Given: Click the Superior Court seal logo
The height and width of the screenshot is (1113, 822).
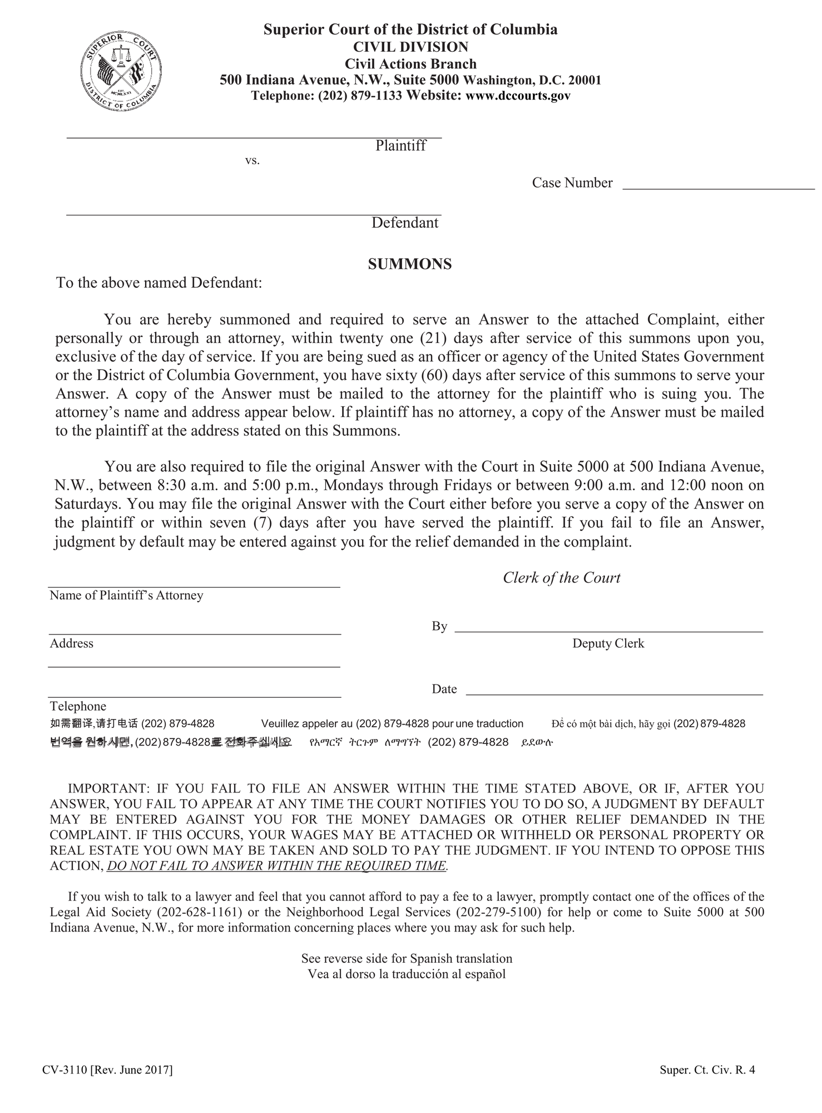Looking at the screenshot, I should (x=121, y=71).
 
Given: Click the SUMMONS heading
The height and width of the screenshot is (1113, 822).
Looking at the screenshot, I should (x=410, y=264).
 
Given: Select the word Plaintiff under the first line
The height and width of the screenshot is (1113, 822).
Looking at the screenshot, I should (x=400, y=146).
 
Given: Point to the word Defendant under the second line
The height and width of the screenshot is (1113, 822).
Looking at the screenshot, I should (x=405, y=223).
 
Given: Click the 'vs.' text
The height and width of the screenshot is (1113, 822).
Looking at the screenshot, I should (x=252, y=161).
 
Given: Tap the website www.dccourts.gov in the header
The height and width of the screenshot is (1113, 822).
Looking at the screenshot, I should (x=518, y=96).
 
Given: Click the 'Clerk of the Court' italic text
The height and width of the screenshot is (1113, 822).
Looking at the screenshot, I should (x=561, y=578).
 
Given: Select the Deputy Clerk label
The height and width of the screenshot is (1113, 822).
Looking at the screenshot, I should (x=608, y=643).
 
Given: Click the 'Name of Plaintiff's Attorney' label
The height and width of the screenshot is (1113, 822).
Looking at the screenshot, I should (x=126, y=595).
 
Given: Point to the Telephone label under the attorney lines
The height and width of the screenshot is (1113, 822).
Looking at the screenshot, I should (x=78, y=706).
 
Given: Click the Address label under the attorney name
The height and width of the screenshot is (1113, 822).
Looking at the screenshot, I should (x=72, y=643).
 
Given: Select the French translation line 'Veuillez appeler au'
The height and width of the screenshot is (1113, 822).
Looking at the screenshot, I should (x=392, y=723).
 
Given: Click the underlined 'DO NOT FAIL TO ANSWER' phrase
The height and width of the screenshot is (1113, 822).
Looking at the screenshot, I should (x=276, y=866).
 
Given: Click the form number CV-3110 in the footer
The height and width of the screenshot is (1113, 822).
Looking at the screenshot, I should (x=65, y=1070).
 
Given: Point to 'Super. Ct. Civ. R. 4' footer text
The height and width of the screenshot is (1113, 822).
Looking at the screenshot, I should (x=707, y=1070).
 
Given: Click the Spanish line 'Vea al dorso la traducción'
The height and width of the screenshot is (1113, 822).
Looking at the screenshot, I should (x=407, y=974).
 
